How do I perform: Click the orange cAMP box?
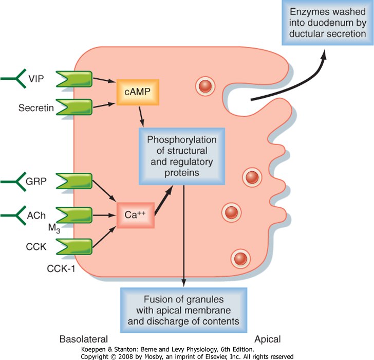[x=138, y=92]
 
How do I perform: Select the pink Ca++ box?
[x=135, y=215]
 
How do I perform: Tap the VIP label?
[x=36, y=79]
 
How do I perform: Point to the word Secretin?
[x=36, y=108]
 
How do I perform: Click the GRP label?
[x=36, y=182]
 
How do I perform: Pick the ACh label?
[x=36, y=215]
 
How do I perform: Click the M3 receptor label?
[x=54, y=228]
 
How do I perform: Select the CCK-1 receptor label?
[x=61, y=269]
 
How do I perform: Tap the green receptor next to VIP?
[x=74, y=79]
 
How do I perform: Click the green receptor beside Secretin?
[x=74, y=107]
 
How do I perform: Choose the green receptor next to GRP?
[x=74, y=181]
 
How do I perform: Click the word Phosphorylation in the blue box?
[x=182, y=140]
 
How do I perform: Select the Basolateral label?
[x=83, y=339]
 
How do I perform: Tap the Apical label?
[x=267, y=339]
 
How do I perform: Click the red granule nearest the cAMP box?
[x=205, y=86]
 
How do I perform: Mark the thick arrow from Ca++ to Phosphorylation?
[x=164, y=200]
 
